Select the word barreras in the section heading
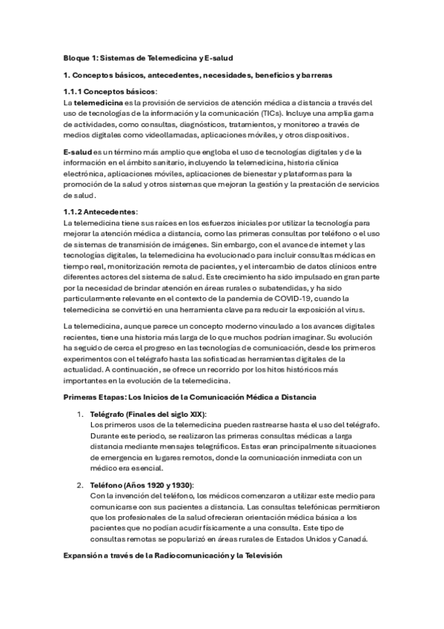[317, 75]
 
